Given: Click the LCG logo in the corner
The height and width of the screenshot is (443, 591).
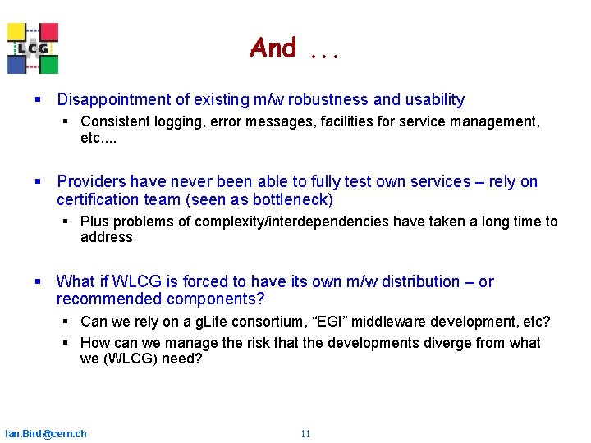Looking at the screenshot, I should pyautogui.click(x=33, y=48).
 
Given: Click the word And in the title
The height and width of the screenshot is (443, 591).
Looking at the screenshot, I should pyautogui.click(x=273, y=48).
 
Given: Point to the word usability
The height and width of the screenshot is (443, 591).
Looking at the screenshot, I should pyautogui.click(x=433, y=100).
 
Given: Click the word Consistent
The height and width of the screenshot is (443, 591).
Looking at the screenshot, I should pyautogui.click(x=115, y=121).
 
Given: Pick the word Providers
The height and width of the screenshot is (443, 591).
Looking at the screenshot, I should pyautogui.click(x=92, y=182).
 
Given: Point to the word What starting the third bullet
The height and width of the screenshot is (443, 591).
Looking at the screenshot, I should pyautogui.click(x=76, y=282).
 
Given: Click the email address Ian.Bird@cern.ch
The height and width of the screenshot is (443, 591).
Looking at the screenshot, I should pyautogui.click(x=46, y=434).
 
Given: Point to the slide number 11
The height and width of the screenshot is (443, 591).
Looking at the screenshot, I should pyautogui.click(x=305, y=434).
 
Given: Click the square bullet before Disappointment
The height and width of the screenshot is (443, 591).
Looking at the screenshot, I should pyautogui.click(x=39, y=100).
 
